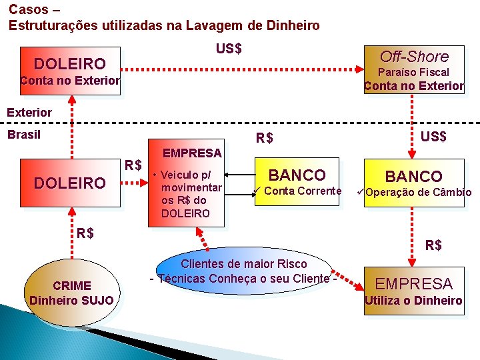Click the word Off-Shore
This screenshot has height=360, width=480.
414,57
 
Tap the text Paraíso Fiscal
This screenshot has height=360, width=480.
413,72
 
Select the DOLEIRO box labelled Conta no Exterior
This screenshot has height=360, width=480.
70,71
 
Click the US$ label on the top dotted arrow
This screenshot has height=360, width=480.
229,49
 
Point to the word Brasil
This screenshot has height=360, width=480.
24,134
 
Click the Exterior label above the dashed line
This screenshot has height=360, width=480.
29,112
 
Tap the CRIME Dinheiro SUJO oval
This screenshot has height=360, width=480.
71,292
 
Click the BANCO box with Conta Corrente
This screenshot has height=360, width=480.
297,181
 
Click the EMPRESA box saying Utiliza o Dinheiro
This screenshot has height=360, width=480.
413,291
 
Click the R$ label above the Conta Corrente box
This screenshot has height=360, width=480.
265,139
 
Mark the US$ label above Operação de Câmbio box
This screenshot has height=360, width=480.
433,137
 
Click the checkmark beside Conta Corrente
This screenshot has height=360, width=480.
257,191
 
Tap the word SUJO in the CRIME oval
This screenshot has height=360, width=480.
97,300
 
